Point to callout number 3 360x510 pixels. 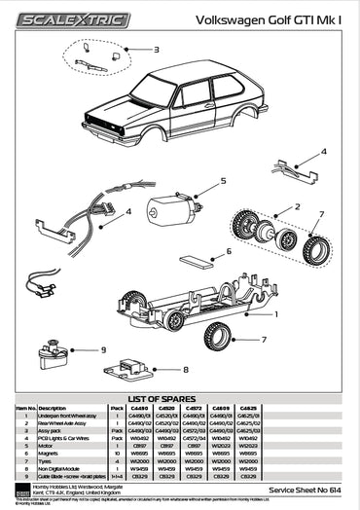click(x=155, y=48)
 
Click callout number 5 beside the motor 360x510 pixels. click(x=222, y=180)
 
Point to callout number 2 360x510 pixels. click(x=297, y=206)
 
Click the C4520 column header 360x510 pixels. click(x=166, y=408)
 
